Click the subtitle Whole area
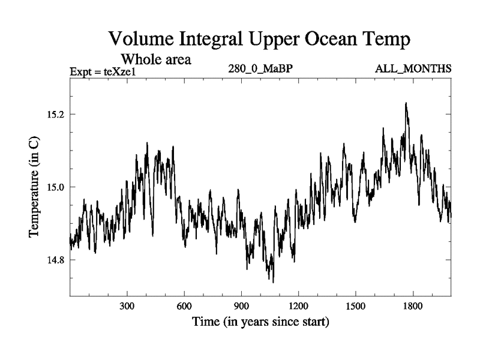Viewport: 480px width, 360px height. (156, 59)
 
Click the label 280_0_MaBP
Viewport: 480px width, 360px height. (260, 69)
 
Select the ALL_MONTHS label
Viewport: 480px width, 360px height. (413, 69)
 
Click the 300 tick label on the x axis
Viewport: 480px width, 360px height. (127, 305)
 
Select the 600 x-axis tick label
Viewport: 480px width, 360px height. (184, 305)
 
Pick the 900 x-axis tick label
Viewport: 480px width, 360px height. (241, 305)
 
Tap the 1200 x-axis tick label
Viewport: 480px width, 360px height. (298, 305)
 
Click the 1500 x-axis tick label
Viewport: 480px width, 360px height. (355, 305)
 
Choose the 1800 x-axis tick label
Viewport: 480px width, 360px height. (413, 305)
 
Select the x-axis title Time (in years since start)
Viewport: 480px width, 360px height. (260, 322)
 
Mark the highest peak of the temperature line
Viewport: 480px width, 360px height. (406, 103)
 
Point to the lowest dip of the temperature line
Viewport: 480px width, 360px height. (273, 281)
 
